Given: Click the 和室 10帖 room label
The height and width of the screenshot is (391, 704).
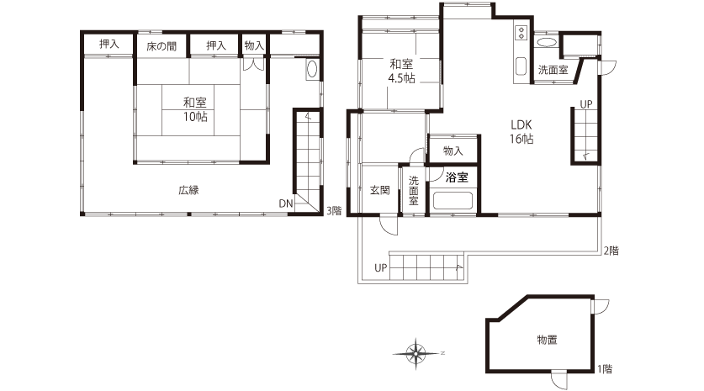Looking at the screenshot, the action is click(x=195, y=109).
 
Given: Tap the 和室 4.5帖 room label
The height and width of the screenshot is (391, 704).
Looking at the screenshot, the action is click(x=401, y=71).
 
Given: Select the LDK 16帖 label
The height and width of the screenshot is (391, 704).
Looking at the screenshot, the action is click(x=521, y=131).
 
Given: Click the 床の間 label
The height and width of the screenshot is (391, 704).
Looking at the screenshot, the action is click(x=161, y=45).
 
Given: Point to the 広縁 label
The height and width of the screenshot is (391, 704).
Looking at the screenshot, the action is click(x=188, y=190).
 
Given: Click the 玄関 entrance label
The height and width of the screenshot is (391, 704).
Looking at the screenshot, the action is click(x=380, y=190).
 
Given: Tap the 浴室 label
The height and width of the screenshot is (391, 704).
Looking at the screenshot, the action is click(x=457, y=177).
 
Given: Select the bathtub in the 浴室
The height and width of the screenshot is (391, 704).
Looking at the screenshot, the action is click(x=453, y=201).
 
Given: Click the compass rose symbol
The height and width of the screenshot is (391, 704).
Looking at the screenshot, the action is click(x=416, y=353).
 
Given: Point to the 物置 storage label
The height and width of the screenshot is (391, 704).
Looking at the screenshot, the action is click(x=548, y=340).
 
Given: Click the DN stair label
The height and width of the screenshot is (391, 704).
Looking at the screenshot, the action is click(x=285, y=203).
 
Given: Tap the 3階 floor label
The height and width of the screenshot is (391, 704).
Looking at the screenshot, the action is click(x=334, y=210).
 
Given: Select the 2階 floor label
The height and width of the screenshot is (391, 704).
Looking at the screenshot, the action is click(x=611, y=251).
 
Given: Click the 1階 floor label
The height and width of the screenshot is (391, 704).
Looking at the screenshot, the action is click(x=605, y=369).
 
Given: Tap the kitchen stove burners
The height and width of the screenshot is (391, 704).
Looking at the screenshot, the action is click(x=521, y=31).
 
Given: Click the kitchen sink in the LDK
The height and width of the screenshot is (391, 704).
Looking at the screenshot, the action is click(x=521, y=66).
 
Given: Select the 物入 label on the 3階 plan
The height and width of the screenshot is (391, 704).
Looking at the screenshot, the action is click(x=254, y=45).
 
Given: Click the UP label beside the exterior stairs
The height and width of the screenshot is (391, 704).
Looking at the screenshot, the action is click(x=381, y=268).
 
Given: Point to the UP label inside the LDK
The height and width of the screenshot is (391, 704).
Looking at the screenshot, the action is click(x=586, y=104).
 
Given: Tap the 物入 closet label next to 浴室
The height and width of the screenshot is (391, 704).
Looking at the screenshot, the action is click(x=453, y=151).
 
